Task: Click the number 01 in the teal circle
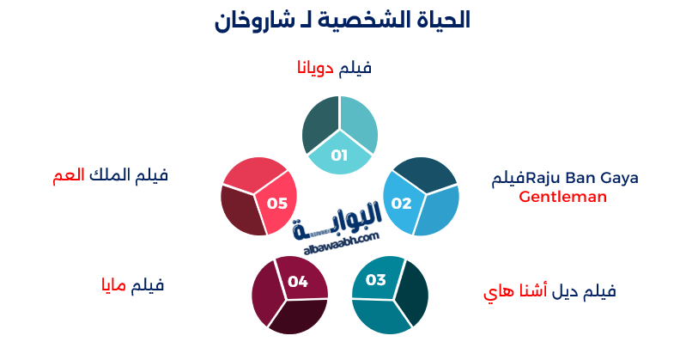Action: coord(339,156)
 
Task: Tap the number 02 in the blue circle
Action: coord(401,204)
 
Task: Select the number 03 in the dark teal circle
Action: coord(376,279)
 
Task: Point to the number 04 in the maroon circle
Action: coord(298,281)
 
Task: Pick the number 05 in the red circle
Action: coord(276,204)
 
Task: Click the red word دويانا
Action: coord(313,68)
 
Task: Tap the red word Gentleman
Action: coord(563,197)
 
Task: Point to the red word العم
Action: coord(67,175)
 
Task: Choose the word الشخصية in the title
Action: coord(364,20)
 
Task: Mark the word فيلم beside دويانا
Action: coord(355,68)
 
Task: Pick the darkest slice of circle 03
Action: coord(413,292)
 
